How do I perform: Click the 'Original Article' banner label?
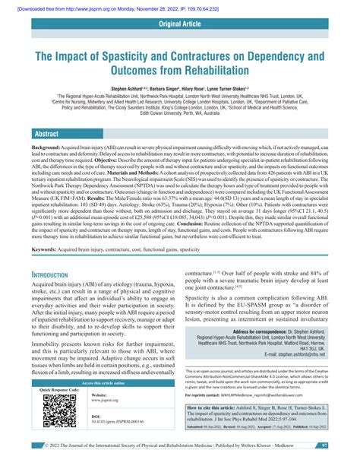pyautogui.click(x=179, y=26)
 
